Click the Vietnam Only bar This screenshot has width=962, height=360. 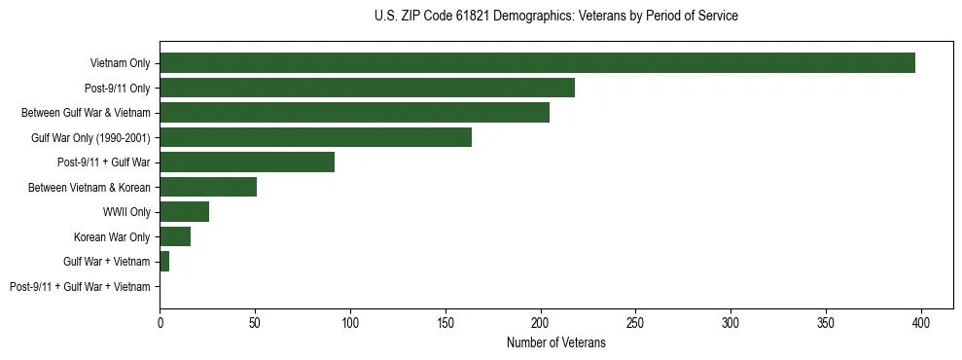(537, 63)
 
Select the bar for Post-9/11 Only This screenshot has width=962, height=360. (367, 88)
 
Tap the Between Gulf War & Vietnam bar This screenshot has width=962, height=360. (354, 113)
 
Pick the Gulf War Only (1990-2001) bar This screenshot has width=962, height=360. (315, 137)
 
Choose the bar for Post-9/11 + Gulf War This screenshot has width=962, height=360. (247, 162)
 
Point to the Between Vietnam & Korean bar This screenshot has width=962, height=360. (208, 187)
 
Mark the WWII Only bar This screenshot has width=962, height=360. (184, 212)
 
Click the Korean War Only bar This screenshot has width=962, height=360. (175, 236)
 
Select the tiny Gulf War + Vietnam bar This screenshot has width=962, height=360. (164, 262)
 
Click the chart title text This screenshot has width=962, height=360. (555, 17)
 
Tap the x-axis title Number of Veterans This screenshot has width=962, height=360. (555, 342)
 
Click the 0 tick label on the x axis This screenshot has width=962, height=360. (160, 322)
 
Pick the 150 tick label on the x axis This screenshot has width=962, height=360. (445, 322)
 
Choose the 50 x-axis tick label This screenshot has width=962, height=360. (255, 322)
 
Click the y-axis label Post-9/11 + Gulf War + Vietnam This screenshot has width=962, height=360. (80, 287)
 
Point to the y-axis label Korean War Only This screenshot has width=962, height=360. (112, 237)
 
